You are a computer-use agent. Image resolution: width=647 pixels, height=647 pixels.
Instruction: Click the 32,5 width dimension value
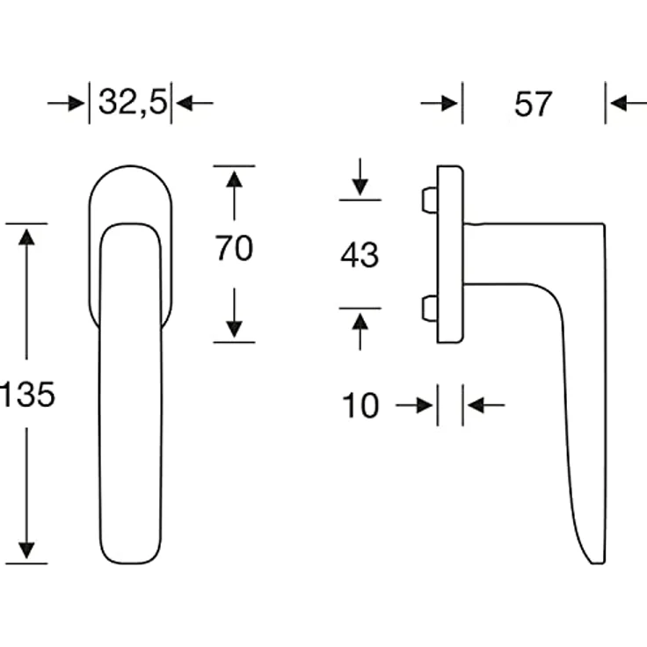pyautogui.click(x=134, y=102)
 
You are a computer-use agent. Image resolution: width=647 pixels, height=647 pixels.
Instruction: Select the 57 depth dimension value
pyautogui.click(x=533, y=104)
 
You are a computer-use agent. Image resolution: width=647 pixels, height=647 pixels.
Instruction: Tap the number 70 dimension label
pyautogui.click(x=234, y=248)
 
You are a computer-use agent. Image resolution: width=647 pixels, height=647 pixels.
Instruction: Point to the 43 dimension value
pyautogui.click(x=360, y=255)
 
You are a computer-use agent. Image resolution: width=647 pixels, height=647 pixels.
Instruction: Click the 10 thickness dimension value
pyautogui.click(x=360, y=405)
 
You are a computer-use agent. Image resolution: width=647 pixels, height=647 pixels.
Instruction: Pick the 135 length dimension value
pyautogui.click(x=27, y=395)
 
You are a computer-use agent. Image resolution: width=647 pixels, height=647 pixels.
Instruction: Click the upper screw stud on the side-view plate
pyautogui.click(x=430, y=200)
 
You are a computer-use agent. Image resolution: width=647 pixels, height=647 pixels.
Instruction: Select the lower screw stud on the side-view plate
pyautogui.click(x=430, y=309)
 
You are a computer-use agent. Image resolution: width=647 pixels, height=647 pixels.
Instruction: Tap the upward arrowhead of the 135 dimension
pyautogui.click(x=27, y=237)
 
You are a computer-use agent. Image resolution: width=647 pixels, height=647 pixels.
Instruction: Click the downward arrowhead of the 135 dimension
pyautogui.click(x=27, y=550)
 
